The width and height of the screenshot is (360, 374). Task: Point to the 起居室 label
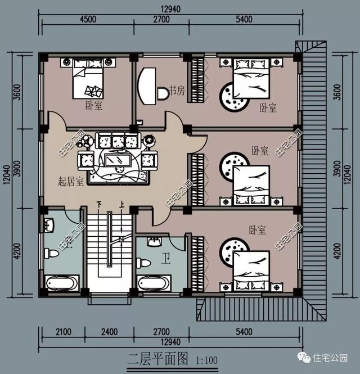71,182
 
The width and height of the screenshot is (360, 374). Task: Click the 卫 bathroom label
167,259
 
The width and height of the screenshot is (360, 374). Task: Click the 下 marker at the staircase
99,204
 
